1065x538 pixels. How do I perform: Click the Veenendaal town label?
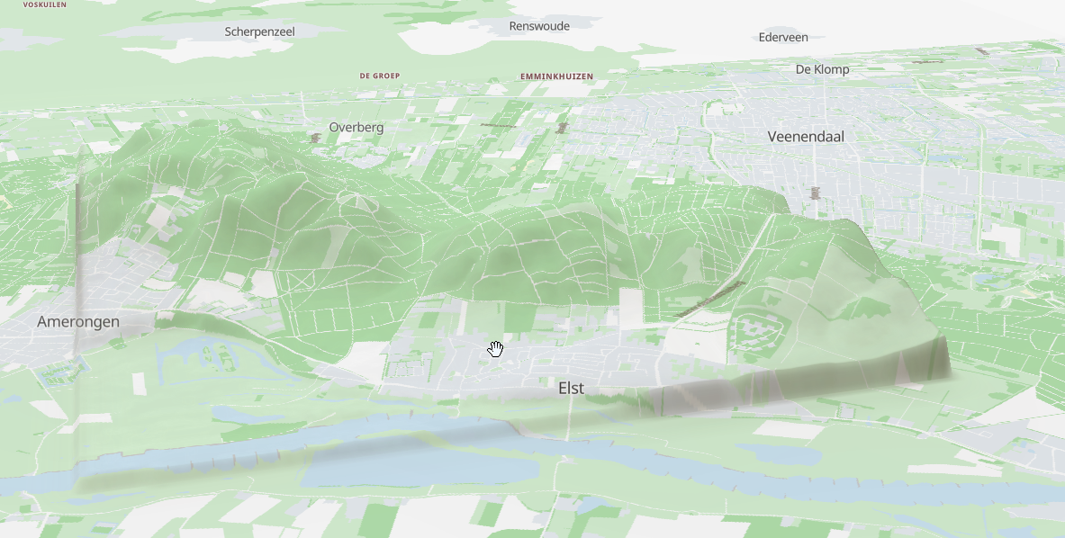pos(811,137)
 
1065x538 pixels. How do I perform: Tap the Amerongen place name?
pos(78,322)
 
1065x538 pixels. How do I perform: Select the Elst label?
pos(571,388)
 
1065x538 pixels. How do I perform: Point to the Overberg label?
pos(356,128)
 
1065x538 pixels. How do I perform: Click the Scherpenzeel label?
pos(259,31)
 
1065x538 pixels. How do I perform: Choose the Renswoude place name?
pos(539,26)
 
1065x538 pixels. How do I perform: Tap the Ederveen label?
pos(782,37)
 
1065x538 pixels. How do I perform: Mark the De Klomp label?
pos(822,69)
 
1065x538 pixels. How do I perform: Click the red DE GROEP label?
pos(379,76)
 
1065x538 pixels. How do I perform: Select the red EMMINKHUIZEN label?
pos(556,76)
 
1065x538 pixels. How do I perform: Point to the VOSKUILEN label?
pos(45,4)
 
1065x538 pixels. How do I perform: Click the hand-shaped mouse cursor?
pos(495,349)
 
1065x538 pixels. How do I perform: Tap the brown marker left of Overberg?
pos(315,139)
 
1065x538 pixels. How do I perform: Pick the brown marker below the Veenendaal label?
pos(816,192)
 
